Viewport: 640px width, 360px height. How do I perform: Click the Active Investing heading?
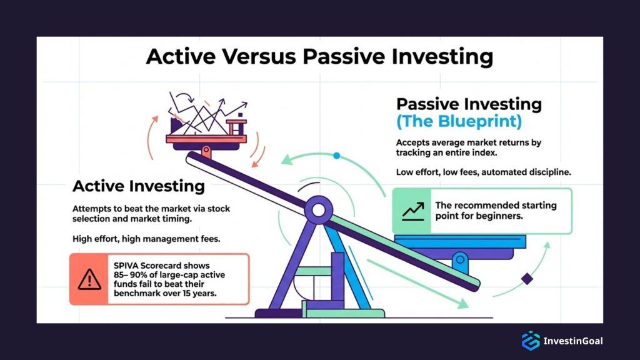(x=139, y=186)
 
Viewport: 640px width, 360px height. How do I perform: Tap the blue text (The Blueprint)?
(x=459, y=121)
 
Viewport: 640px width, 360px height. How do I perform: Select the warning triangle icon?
(x=90, y=279)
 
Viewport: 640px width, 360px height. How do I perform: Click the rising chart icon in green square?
(x=412, y=211)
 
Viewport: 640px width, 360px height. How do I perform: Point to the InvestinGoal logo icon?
(x=530, y=341)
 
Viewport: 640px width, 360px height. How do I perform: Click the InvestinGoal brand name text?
(x=573, y=341)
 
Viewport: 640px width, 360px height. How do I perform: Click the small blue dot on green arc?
(x=336, y=155)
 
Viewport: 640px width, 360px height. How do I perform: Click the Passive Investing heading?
(x=469, y=104)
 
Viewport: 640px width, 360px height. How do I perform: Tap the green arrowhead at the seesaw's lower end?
(x=462, y=304)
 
